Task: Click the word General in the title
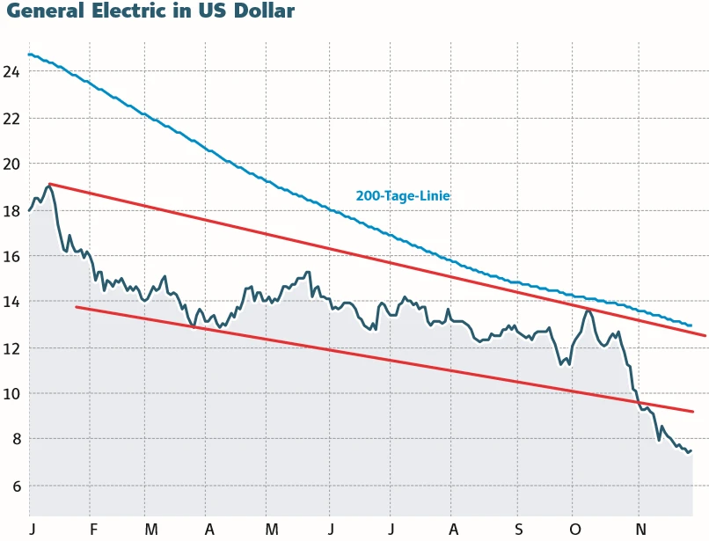pos(44,11)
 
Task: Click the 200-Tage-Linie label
pos(403,196)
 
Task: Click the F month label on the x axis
pos(92,529)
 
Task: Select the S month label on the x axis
pos(518,529)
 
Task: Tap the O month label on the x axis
pos(576,529)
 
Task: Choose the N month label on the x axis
pos(641,529)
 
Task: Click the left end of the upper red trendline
pos(49,184)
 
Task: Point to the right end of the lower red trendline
pos(693,412)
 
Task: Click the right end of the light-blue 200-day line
pos(691,325)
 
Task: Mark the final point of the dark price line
pos(691,450)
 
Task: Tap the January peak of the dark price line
pos(48,186)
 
